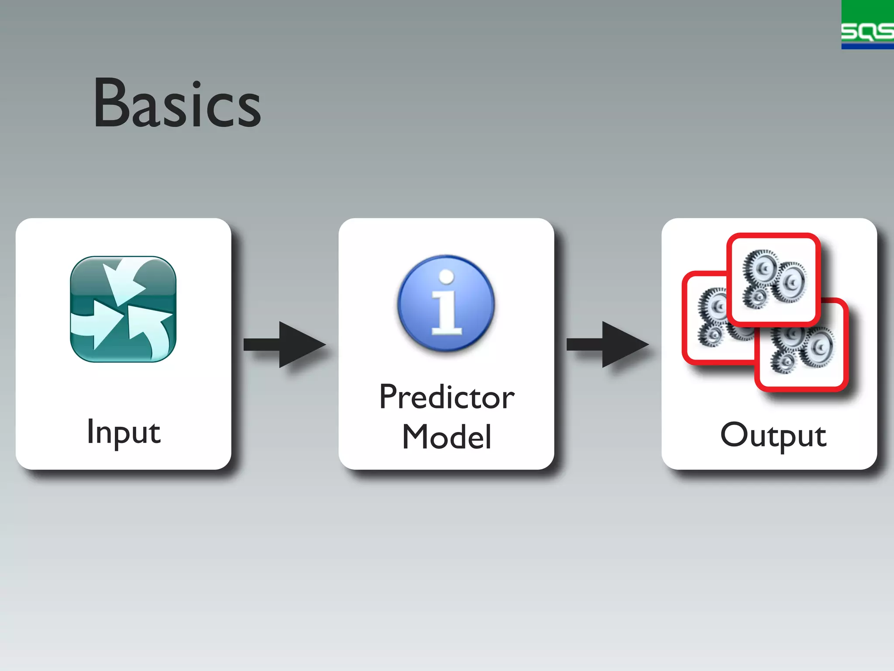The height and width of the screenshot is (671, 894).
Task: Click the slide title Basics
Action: pyautogui.click(x=177, y=104)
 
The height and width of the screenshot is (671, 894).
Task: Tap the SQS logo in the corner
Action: pyautogui.click(x=867, y=24)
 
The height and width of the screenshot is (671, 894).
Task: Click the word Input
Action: pyautogui.click(x=124, y=432)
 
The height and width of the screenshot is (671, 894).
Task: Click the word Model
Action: pyautogui.click(x=447, y=436)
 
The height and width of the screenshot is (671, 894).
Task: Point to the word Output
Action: pyautogui.click(x=773, y=435)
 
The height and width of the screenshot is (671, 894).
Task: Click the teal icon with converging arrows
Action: pyautogui.click(x=123, y=309)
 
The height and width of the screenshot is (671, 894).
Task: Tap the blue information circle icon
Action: pyautogui.click(x=446, y=303)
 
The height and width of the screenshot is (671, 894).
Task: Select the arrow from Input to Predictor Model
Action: pyautogui.click(x=284, y=345)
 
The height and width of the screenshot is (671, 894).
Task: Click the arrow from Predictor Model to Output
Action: pyautogui.click(x=607, y=345)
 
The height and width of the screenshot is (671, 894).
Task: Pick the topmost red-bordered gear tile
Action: pyautogui.click(x=774, y=280)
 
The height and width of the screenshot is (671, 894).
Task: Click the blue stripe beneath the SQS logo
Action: pyautogui.click(x=867, y=46)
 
